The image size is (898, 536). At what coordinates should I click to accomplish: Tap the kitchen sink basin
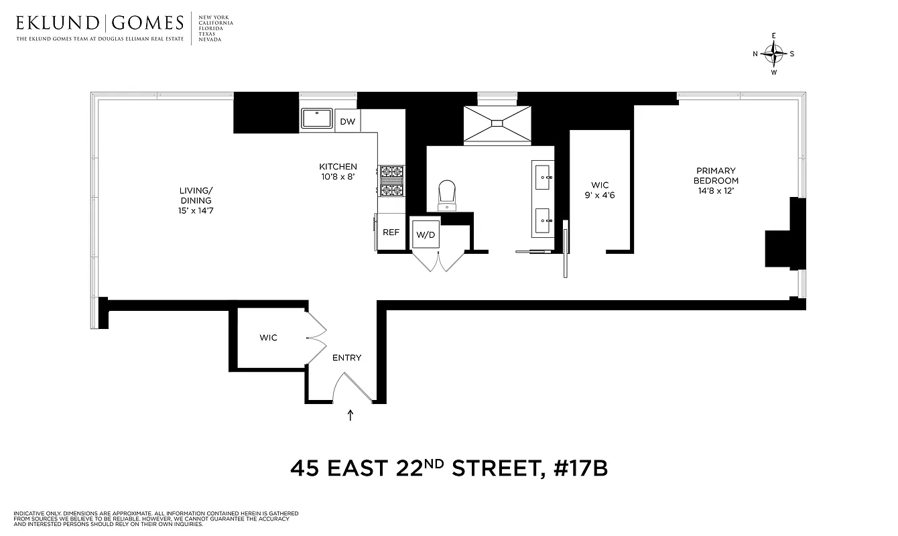click(x=317, y=119)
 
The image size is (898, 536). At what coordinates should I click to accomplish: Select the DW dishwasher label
click(x=347, y=121)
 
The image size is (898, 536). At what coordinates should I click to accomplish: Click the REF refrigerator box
click(x=391, y=232)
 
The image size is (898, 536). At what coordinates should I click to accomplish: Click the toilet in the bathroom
click(x=447, y=195)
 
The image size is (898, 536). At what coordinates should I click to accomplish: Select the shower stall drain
click(x=497, y=123)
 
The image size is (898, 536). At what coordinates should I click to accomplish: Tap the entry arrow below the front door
click(x=350, y=415)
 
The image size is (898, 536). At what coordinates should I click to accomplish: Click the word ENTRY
click(x=346, y=358)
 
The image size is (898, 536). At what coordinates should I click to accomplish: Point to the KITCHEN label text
click(x=338, y=167)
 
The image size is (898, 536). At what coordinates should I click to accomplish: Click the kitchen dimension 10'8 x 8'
click(x=338, y=177)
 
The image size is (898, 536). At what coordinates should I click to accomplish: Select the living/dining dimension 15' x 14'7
click(x=195, y=211)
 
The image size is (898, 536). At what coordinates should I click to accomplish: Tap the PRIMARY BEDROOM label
click(x=716, y=176)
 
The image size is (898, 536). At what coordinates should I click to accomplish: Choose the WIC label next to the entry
click(x=268, y=338)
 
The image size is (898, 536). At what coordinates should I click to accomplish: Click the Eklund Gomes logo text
click(x=100, y=23)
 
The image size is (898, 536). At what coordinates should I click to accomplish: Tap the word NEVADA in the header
click(x=209, y=40)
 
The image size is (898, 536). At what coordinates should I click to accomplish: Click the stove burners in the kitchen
click(x=391, y=181)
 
